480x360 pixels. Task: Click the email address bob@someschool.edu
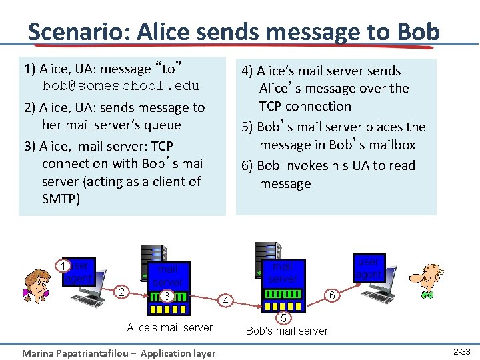[121, 87]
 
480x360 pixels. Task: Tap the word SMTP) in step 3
[61, 199]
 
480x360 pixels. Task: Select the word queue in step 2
[163, 125]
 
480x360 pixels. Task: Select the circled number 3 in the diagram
[168, 296]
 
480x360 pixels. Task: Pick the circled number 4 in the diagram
[226, 301]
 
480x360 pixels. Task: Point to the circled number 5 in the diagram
[283, 317]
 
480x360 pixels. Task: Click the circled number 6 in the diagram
[333, 294]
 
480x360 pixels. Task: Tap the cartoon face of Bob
[421, 274]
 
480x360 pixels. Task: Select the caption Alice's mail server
[169, 327]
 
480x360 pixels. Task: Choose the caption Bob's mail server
[287, 331]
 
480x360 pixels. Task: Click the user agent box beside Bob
[368, 268]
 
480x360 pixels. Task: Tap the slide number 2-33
[461, 351]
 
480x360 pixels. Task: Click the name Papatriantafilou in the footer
[93, 353]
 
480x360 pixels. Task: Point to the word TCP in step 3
[162, 145]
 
